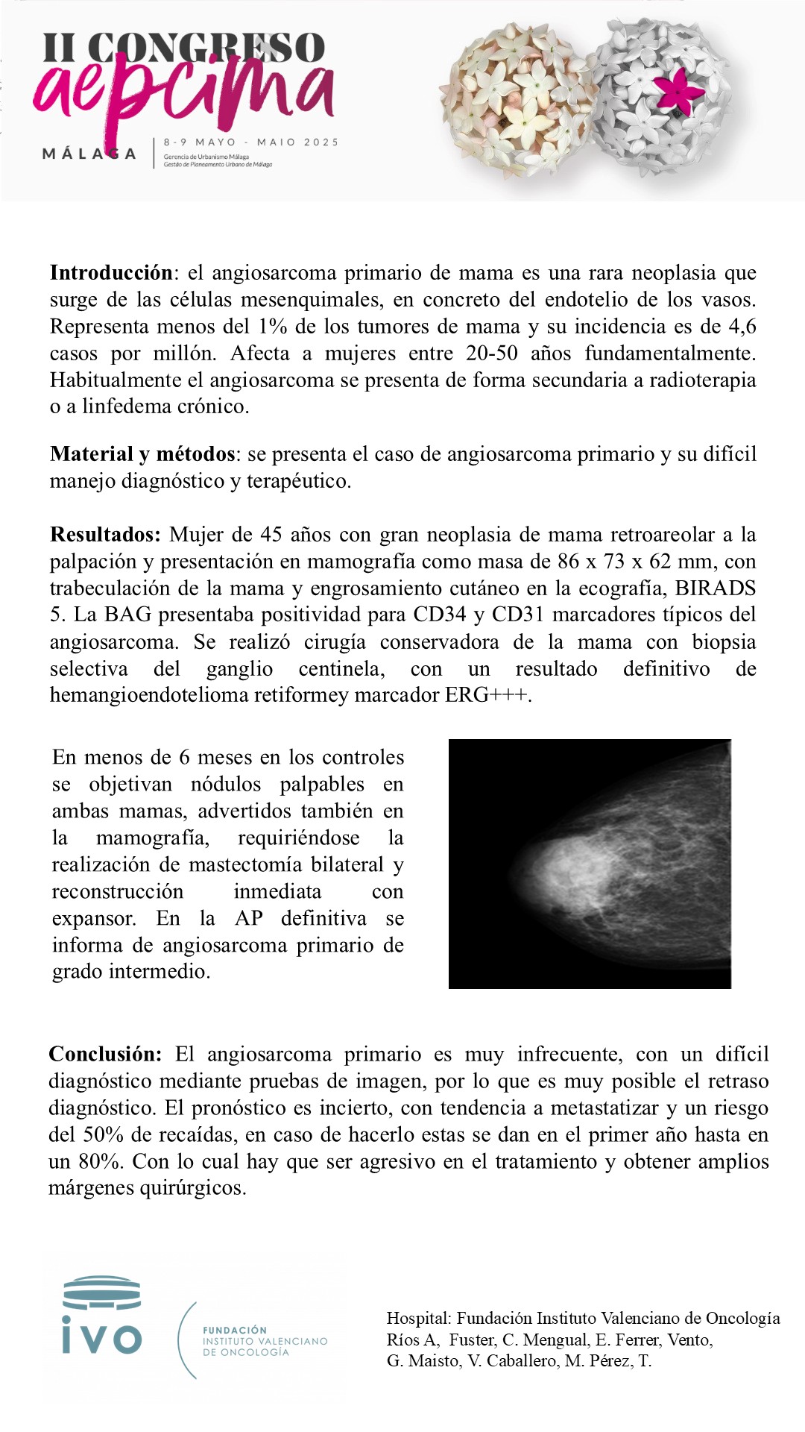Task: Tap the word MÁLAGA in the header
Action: click(89, 154)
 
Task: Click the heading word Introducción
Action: click(111, 273)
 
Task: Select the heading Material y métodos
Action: click(142, 454)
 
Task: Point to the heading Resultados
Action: click(104, 535)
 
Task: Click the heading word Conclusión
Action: click(104, 1055)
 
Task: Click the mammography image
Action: click(590, 864)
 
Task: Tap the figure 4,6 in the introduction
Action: click(740, 327)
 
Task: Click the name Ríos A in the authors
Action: click(411, 1340)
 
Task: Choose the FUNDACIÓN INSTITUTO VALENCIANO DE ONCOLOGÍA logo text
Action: click(265, 1341)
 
